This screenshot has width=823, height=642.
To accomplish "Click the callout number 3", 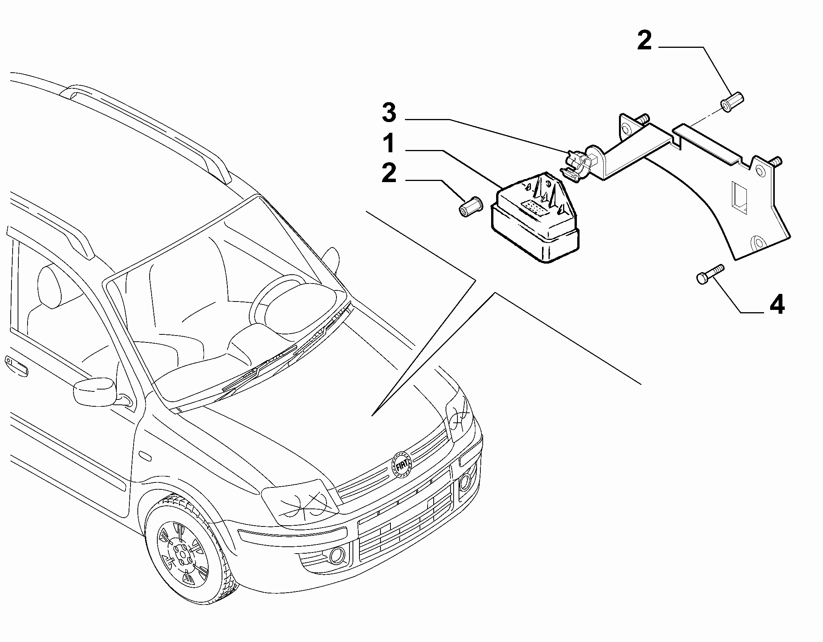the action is (389, 113).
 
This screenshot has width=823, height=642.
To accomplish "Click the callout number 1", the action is (389, 144).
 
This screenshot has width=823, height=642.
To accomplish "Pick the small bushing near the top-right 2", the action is (731, 100).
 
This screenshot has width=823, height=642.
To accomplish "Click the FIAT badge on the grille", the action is (402, 465).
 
